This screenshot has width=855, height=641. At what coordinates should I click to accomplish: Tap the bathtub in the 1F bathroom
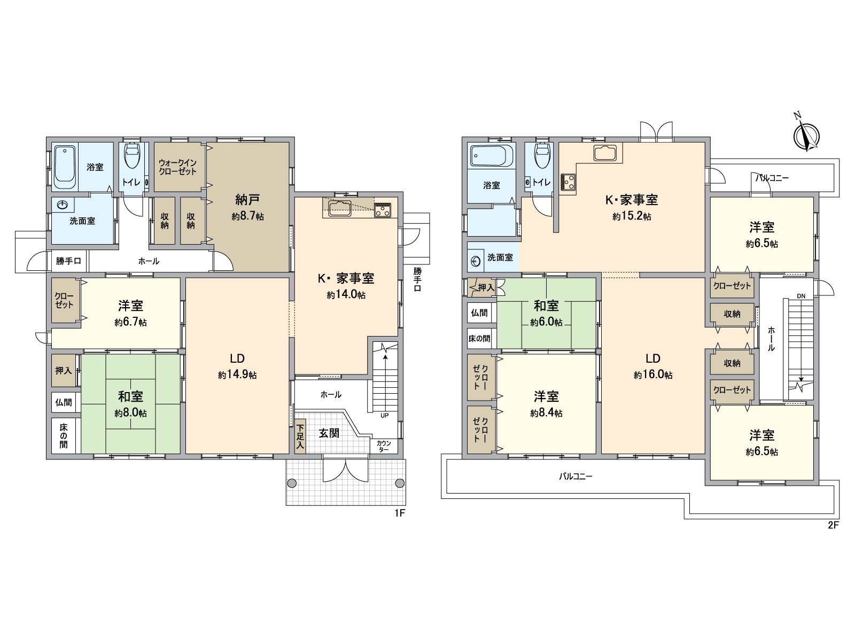pyautogui.click(x=65, y=167)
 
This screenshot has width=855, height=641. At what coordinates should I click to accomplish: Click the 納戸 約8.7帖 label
pyautogui.click(x=247, y=207)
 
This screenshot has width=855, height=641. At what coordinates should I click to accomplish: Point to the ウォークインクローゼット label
pyautogui.click(x=177, y=167)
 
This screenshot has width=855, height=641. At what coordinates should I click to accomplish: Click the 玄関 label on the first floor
pyautogui.click(x=329, y=433)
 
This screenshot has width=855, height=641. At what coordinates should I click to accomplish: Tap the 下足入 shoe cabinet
pyautogui.click(x=300, y=436)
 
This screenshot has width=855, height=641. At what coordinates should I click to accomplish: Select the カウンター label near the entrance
pyautogui.click(x=384, y=446)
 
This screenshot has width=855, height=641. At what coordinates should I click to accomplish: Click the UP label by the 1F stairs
pyautogui.click(x=384, y=415)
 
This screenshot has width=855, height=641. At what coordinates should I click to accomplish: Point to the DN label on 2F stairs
pyautogui.click(x=801, y=296)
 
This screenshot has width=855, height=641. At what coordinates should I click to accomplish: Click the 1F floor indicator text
pyautogui.click(x=400, y=513)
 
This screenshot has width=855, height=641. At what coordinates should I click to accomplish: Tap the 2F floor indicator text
pyautogui.click(x=833, y=526)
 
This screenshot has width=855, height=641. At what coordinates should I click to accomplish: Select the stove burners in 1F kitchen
pyautogui.click(x=383, y=210)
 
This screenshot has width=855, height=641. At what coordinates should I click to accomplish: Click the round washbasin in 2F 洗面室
pyautogui.click(x=476, y=260)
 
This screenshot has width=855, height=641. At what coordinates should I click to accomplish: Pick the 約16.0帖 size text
pyautogui.click(x=653, y=375)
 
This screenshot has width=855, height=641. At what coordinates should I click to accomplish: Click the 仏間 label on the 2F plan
pyautogui.click(x=479, y=312)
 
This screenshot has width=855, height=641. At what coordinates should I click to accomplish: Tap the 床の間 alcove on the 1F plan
pyautogui.click(x=64, y=436)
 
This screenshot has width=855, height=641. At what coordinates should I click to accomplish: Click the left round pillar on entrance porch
pyautogui.click(x=291, y=483)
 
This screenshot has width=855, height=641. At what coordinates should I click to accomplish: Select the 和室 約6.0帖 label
pyautogui.click(x=546, y=314)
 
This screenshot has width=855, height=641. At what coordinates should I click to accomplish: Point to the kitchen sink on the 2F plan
pyautogui.click(x=605, y=153)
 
